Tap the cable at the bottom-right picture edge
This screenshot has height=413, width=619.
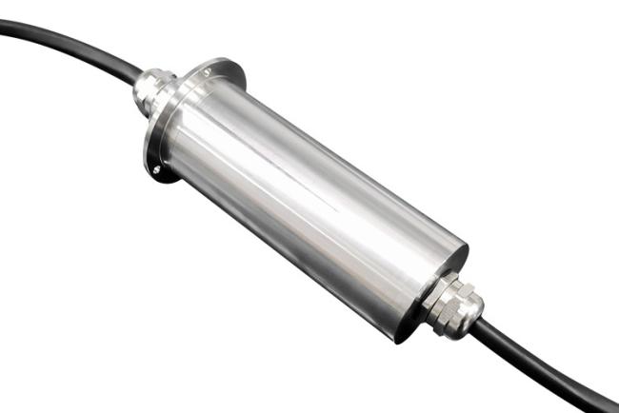[609, 403]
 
